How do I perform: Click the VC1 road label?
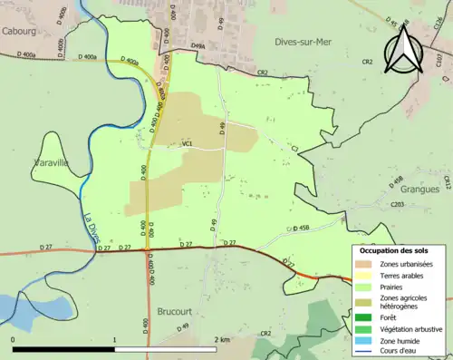(188, 143)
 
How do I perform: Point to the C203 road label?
(397, 205)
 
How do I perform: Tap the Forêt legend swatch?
(367, 317)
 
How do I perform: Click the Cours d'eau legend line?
(367, 353)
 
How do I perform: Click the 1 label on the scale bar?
(114, 339)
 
